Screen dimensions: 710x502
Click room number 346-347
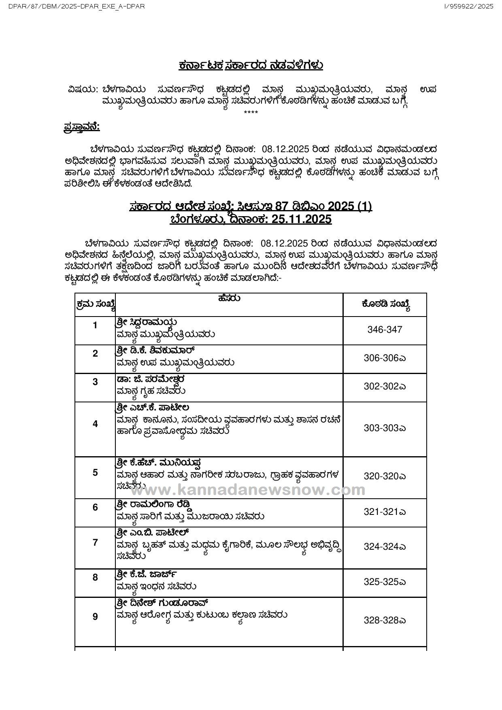(385, 329)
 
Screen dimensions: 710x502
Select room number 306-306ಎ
(385, 358)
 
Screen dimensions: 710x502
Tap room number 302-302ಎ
(385, 386)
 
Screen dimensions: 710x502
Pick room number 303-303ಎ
(385, 428)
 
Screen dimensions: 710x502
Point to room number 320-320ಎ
(385, 476)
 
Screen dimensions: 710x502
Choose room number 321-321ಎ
(385, 512)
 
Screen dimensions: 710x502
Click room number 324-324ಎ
(385, 546)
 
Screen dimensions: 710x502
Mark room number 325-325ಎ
(385, 582)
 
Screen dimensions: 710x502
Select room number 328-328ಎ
(385, 620)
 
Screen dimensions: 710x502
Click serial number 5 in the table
(95, 472)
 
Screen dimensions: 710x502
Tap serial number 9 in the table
(95, 616)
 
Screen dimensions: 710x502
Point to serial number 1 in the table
(95, 325)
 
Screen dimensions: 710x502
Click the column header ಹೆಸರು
(229, 298)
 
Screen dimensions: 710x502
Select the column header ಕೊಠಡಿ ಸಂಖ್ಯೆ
(385, 305)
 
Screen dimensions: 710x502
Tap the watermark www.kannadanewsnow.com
(247, 490)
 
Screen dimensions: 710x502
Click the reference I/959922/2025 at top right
(469, 6)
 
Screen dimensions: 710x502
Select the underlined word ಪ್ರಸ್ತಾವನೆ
(82, 127)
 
